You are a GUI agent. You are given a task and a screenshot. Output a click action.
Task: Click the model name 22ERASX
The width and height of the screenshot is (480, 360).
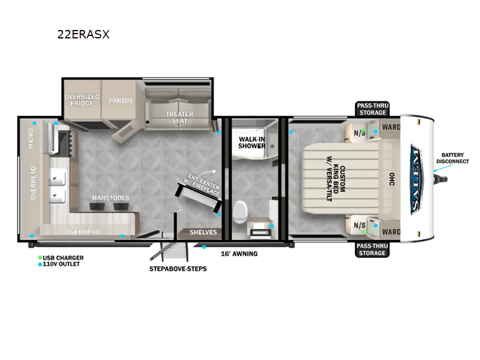point(83,34)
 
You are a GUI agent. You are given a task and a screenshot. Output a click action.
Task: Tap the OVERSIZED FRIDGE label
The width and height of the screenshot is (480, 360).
point(82,100)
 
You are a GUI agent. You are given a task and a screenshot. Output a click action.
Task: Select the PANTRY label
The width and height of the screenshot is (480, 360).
point(121,101)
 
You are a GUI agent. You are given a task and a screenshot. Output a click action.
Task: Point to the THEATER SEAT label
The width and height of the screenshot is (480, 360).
point(179,117)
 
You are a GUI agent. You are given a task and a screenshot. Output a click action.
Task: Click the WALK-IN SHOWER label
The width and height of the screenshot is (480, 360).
point(252,143)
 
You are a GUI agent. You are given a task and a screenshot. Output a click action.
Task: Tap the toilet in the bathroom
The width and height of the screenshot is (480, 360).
point(240,211)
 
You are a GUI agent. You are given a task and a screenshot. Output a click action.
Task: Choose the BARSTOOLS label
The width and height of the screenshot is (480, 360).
point(111,198)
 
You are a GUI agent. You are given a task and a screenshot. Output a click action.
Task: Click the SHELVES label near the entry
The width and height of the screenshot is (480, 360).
point(203,232)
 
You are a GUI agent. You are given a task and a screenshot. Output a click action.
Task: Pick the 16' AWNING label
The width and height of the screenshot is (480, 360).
point(239,254)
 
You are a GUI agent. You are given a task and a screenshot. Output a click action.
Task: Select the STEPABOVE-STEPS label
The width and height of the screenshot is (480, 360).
point(178,269)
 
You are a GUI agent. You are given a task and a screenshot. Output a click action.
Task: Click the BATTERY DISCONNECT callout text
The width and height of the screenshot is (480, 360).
point(452,158)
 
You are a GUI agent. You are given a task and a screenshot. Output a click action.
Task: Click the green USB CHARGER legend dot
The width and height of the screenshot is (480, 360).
point(40,258)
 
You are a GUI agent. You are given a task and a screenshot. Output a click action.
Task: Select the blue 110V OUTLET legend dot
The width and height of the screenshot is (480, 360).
point(40,265)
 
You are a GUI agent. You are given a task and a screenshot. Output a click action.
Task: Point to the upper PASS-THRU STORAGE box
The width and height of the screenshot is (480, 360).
point(373,109)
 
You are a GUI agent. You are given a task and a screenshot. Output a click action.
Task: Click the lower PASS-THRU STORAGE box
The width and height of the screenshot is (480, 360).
point(372,250)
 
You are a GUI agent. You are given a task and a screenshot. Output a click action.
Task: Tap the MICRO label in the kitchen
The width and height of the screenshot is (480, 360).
point(31,139)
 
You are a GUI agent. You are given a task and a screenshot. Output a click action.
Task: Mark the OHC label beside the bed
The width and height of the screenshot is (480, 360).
point(392,179)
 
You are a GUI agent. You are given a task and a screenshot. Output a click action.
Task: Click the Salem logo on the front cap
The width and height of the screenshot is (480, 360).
point(416,179)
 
